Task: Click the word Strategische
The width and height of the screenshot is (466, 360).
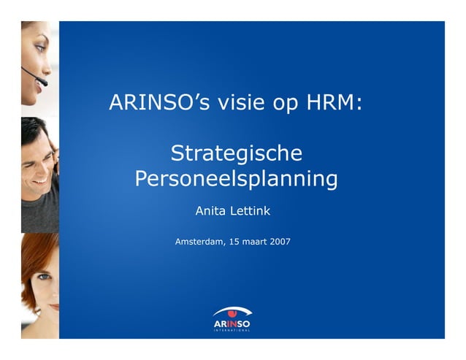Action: pyautogui.click(x=236, y=154)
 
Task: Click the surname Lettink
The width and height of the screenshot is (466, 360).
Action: pyautogui.click(x=251, y=211)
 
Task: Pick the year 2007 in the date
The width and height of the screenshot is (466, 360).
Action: pyautogui.click(x=280, y=240)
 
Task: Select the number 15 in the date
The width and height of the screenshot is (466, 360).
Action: pyautogui.click(x=234, y=240)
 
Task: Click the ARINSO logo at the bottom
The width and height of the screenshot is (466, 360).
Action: pyautogui.click(x=232, y=319)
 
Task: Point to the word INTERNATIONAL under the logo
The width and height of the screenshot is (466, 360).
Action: pyautogui.click(x=232, y=330)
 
